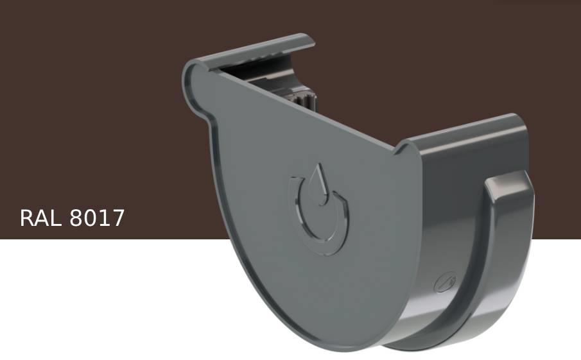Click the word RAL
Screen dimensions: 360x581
[41, 218]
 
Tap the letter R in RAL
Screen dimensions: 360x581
[28, 218]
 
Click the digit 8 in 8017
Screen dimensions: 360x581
[75, 218]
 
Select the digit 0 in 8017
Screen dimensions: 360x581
[89, 218]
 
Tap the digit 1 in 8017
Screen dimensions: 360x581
[103, 218]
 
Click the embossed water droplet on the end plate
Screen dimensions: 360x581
[318, 180]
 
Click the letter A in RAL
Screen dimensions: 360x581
[42, 218]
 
